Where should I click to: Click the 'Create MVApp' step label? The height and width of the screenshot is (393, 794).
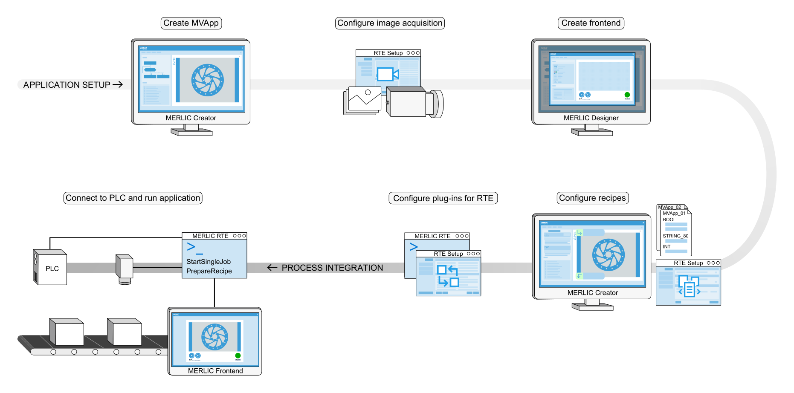[x=191, y=23]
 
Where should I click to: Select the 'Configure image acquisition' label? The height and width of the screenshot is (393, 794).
[x=390, y=23]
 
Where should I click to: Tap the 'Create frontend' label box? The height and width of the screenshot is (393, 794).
[x=591, y=23]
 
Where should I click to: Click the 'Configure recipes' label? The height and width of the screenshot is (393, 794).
[x=592, y=198]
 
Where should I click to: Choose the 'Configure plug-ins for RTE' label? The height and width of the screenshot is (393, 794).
[x=443, y=198]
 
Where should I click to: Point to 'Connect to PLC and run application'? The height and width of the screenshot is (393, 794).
[x=133, y=198]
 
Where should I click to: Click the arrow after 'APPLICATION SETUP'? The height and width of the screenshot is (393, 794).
[x=118, y=84]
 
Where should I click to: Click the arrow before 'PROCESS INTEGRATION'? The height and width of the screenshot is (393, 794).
[x=272, y=268]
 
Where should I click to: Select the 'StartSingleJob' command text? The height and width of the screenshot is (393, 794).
[x=209, y=262]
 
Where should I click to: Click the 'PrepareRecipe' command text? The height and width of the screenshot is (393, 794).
[x=209, y=271]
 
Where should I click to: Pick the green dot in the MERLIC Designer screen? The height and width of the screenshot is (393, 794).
[x=627, y=95]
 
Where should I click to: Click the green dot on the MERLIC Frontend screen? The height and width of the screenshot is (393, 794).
[x=238, y=355]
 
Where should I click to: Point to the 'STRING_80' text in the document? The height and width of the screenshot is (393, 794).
[x=675, y=236]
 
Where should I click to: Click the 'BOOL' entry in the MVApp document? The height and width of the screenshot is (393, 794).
[x=669, y=220]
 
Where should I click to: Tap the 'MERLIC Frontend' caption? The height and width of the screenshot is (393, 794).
[x=215, y=371]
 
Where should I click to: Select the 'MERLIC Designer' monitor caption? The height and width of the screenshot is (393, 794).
[x=591, y=118]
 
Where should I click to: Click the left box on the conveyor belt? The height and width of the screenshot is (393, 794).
[x=67, y=332]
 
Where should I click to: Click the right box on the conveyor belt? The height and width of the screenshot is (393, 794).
[x=125, y=332]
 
